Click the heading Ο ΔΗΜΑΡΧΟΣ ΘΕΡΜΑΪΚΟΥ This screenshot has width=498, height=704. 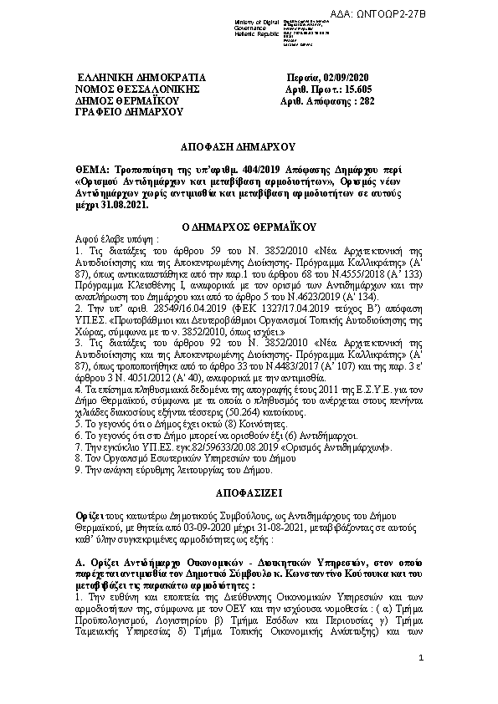tap(249, 227)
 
